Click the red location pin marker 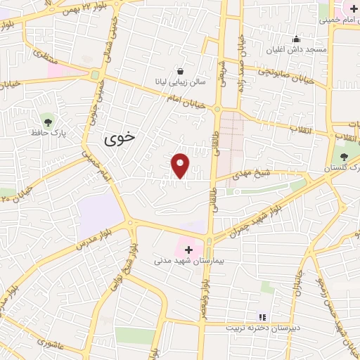181,165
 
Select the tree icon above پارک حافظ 48,122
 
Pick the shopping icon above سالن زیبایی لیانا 181,71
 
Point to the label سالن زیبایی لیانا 181,82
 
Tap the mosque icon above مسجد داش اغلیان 297,39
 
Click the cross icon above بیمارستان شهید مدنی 188,250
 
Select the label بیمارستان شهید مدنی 188,260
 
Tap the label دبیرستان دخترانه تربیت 262,328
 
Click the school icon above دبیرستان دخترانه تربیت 263,317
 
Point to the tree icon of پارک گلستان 344,157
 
